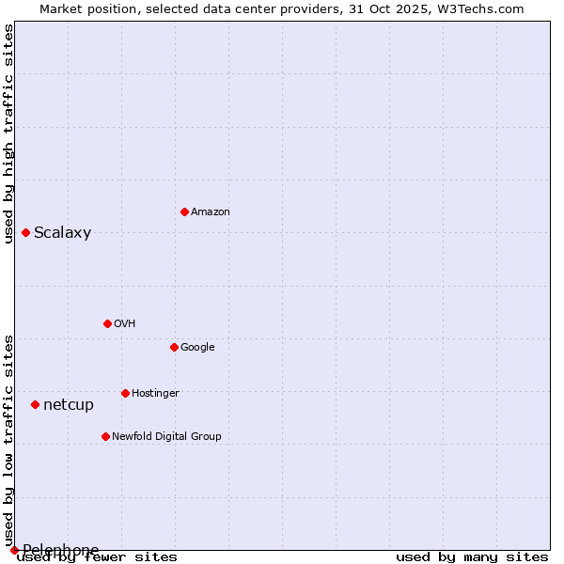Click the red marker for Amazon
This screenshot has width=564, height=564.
pyautogui.click(x=184, y=211)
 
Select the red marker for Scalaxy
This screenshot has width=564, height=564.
pyautogui.click(x=25, y=232)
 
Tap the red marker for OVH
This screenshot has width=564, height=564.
pyautogui.click(x=107, y=323)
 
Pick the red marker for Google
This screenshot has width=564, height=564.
pyautogui.click(x=174, y=347)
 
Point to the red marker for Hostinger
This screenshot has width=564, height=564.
pyautogui.click(x=125, y=393)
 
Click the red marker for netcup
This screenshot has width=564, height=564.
pyautogui.click(x=35, y=404)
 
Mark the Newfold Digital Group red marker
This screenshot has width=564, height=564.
pyautogui.click(x=105, y=436)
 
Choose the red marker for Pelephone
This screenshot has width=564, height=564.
pyautogui.click(x=14, y=550)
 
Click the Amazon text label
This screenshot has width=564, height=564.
pyautogui.click(x=211, y=212)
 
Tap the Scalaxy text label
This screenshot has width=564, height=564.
pyautogui.click(x=62, y=233)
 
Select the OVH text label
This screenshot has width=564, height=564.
pyautogui.click(x=125, y=324)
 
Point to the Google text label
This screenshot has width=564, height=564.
pyautogui.click(x=197, y=348)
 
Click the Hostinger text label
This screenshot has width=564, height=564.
pyautogui.click(x=155, y=394)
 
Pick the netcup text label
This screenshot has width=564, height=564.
pyautogui.click(x=69, y=405)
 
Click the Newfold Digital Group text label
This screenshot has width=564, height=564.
pyautogui.click(x=166, y=437)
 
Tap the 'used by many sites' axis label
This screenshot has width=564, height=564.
pyautogui.click(x=472, y=557)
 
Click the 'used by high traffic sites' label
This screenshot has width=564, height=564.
pyautogui.click(x=9, y=133)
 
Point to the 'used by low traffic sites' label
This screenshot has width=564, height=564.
pyautogui.click(x=9, y=440)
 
